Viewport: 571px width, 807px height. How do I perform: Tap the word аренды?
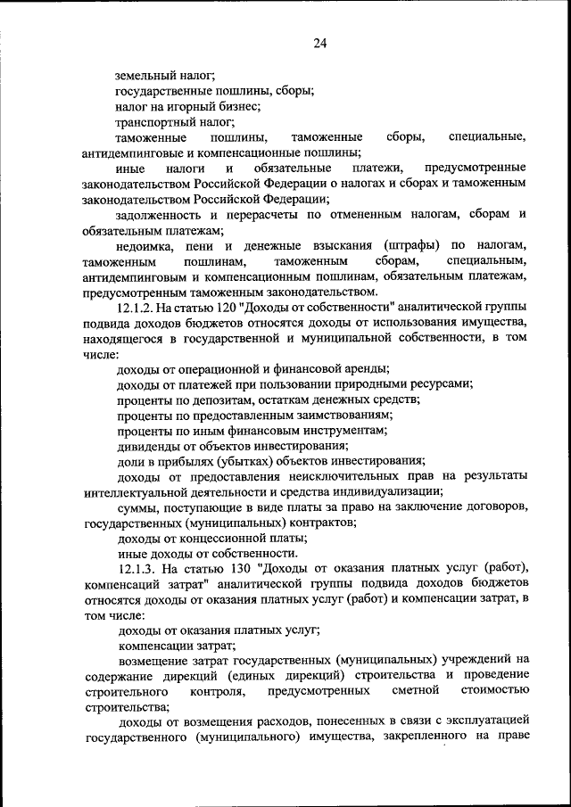tap(369, 368)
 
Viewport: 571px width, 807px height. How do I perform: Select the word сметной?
tap(416, 691)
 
